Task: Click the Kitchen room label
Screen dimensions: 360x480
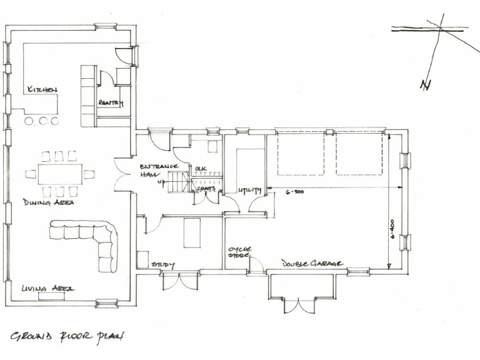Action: pyautogui.click(x=42, y=90)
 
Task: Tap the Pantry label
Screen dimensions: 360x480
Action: pyautogui.click(x=111, y=103)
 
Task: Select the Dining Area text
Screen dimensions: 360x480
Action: pyautogui.click(x=49, y=202)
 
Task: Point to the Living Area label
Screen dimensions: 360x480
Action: pyautogui.click(x=48, y=288)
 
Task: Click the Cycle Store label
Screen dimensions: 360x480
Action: pyautogui.click(x=239, y=251)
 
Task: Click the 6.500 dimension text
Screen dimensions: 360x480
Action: pyautogui.click(x=295, y=192)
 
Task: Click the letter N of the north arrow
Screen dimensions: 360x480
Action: pyautogui.click(x=425, y=86)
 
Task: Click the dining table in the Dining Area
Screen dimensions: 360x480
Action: pyautogui.click(x=60, y=173)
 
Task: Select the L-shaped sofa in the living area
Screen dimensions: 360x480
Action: pyautogui.click(x=94, y=241)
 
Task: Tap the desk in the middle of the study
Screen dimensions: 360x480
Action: pyautogui.click(x=192, y=233)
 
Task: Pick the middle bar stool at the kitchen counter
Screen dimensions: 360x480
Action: pyautogui.click(x=42, y=120)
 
